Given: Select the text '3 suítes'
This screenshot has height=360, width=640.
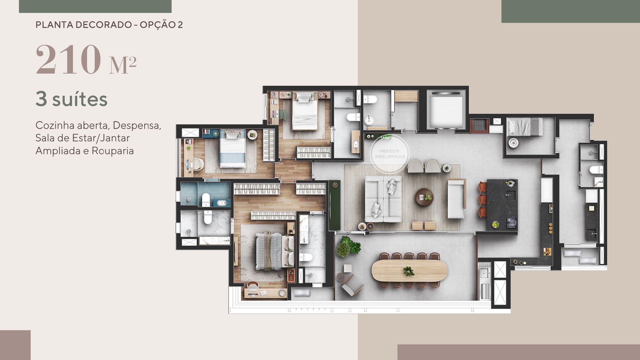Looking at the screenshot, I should click(71, 99).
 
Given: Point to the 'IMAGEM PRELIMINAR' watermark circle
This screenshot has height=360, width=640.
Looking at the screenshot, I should click(389, 154).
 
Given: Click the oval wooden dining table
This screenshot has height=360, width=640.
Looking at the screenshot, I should click(409, 270).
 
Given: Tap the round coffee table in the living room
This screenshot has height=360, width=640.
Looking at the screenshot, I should click(424, 197).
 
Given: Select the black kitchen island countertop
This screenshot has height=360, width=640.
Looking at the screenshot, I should click(502, 205).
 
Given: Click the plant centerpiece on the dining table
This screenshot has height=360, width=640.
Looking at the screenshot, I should click(409, 271).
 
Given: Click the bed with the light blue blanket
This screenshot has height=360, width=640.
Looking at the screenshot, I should click(233, 149).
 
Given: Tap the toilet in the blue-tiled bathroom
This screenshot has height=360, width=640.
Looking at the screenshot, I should click(206, 200).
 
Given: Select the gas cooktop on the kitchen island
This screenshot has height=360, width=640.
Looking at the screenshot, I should click(511, 222).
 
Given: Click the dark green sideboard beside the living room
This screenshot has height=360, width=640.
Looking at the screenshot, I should click(335, 205).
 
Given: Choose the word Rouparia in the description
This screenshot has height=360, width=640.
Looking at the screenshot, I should click(113, 151).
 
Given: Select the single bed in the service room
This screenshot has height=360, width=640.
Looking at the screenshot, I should click(525, 127).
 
